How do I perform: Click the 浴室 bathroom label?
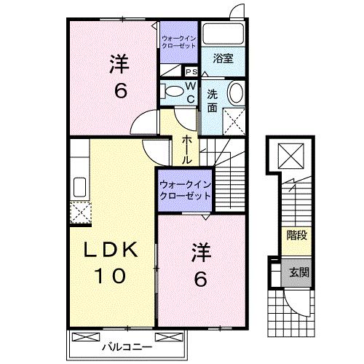tap(223, 59)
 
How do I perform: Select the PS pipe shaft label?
tap(191, 72)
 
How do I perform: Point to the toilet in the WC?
tap(173, 93)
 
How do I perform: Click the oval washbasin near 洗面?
tap(236, 94)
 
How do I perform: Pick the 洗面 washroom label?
tap(212, 100)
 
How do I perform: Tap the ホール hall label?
tap(187, 149)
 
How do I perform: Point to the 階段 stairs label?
tap(296, 235)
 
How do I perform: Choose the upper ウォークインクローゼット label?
tap(179, 41)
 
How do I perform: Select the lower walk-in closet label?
tap(185, 191)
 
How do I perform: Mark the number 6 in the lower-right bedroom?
tap(202, 279)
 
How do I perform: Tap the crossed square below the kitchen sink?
tap(79, 211)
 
